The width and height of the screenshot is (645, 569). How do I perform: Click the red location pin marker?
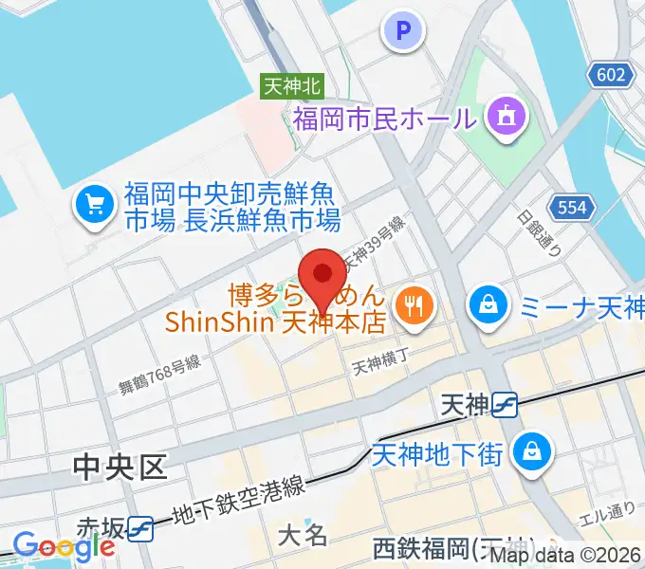pyautogui.click(x=322, y=276)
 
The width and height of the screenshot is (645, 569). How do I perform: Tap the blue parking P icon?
pyautogui.click(x=403, y=31)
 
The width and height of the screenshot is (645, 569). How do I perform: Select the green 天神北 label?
pyautogui.click(x=292, y=86)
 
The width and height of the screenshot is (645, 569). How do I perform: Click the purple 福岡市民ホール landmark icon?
pyautogui.click(x=502, y=118)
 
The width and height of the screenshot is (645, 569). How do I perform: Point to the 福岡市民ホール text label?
pyautogui.click(x=383, y=119)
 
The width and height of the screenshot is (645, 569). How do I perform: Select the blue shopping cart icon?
pyautogui.click(x=95, y=204)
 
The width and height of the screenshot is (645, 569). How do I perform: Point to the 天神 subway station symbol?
pyautogui.click(x=505, y=406)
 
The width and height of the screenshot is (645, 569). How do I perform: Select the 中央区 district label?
pyautogui.click(x=120, y=466)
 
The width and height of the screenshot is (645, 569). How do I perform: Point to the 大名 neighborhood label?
pyautogui.click(x=303, y=536)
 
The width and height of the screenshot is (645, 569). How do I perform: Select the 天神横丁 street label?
pyautogui.click(x=379, y=361)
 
